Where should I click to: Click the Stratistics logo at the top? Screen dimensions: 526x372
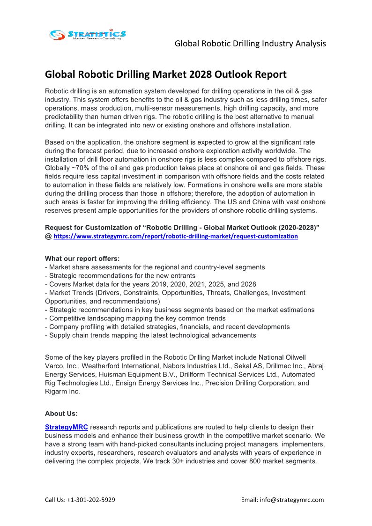[88, 34]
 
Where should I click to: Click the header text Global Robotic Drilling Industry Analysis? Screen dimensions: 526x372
[250, 44]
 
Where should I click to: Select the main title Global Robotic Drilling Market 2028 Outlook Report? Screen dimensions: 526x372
[165, 74]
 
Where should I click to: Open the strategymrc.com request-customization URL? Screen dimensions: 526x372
[176, 237]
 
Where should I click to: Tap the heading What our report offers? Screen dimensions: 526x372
[82, 259]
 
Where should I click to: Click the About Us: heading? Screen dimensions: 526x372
[61, 414]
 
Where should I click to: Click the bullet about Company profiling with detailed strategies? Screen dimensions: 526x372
[167, 327]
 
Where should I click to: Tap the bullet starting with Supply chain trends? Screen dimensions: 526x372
[150, 335]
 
